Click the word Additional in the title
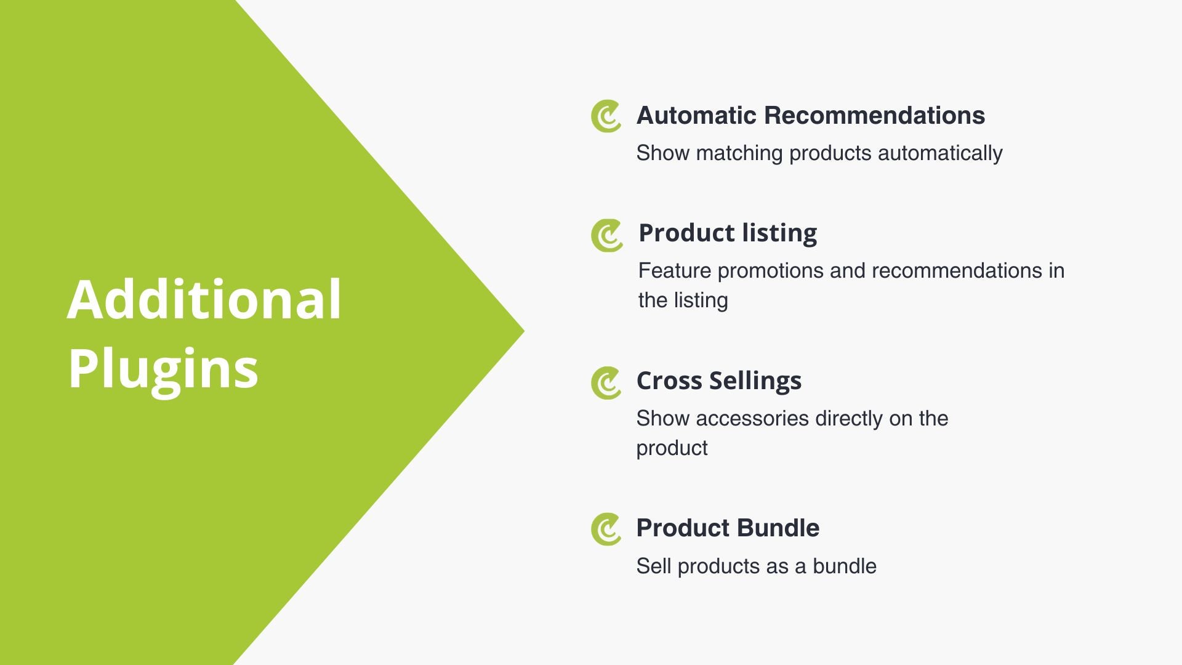click(x=204, y=299)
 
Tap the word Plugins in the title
click(x=163, y=369)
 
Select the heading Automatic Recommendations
click(x=811, y=116)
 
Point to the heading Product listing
click(x=728, y=233)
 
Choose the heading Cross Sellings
click(x=719, y=381)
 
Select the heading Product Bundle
click(x=728, y=528)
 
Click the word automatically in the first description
click(x=940, y=154)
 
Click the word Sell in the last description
click(x=654, y=566)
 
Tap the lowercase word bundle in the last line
click(x=845, y=566)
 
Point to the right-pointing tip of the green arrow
click(x=524, y=331)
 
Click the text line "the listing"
click(x=683, y=300)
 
